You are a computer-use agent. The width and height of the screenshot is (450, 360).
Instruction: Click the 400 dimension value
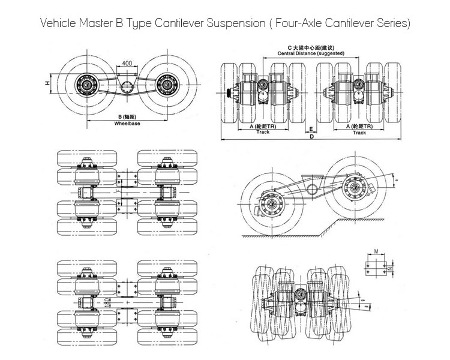tap(126, 63)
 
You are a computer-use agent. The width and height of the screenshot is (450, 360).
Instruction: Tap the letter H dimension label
tap(47, 85)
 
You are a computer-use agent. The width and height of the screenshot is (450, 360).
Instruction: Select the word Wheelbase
tap(126, 124)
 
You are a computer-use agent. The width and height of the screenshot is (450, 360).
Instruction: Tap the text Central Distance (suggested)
tap(310, 53)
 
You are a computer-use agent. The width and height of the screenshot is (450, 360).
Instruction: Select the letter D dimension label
tap(312, 137)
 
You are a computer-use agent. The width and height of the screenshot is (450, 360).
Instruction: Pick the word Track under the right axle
tap(359, 133)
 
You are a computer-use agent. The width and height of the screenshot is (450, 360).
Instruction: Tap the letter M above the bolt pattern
tap(376, 252)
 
